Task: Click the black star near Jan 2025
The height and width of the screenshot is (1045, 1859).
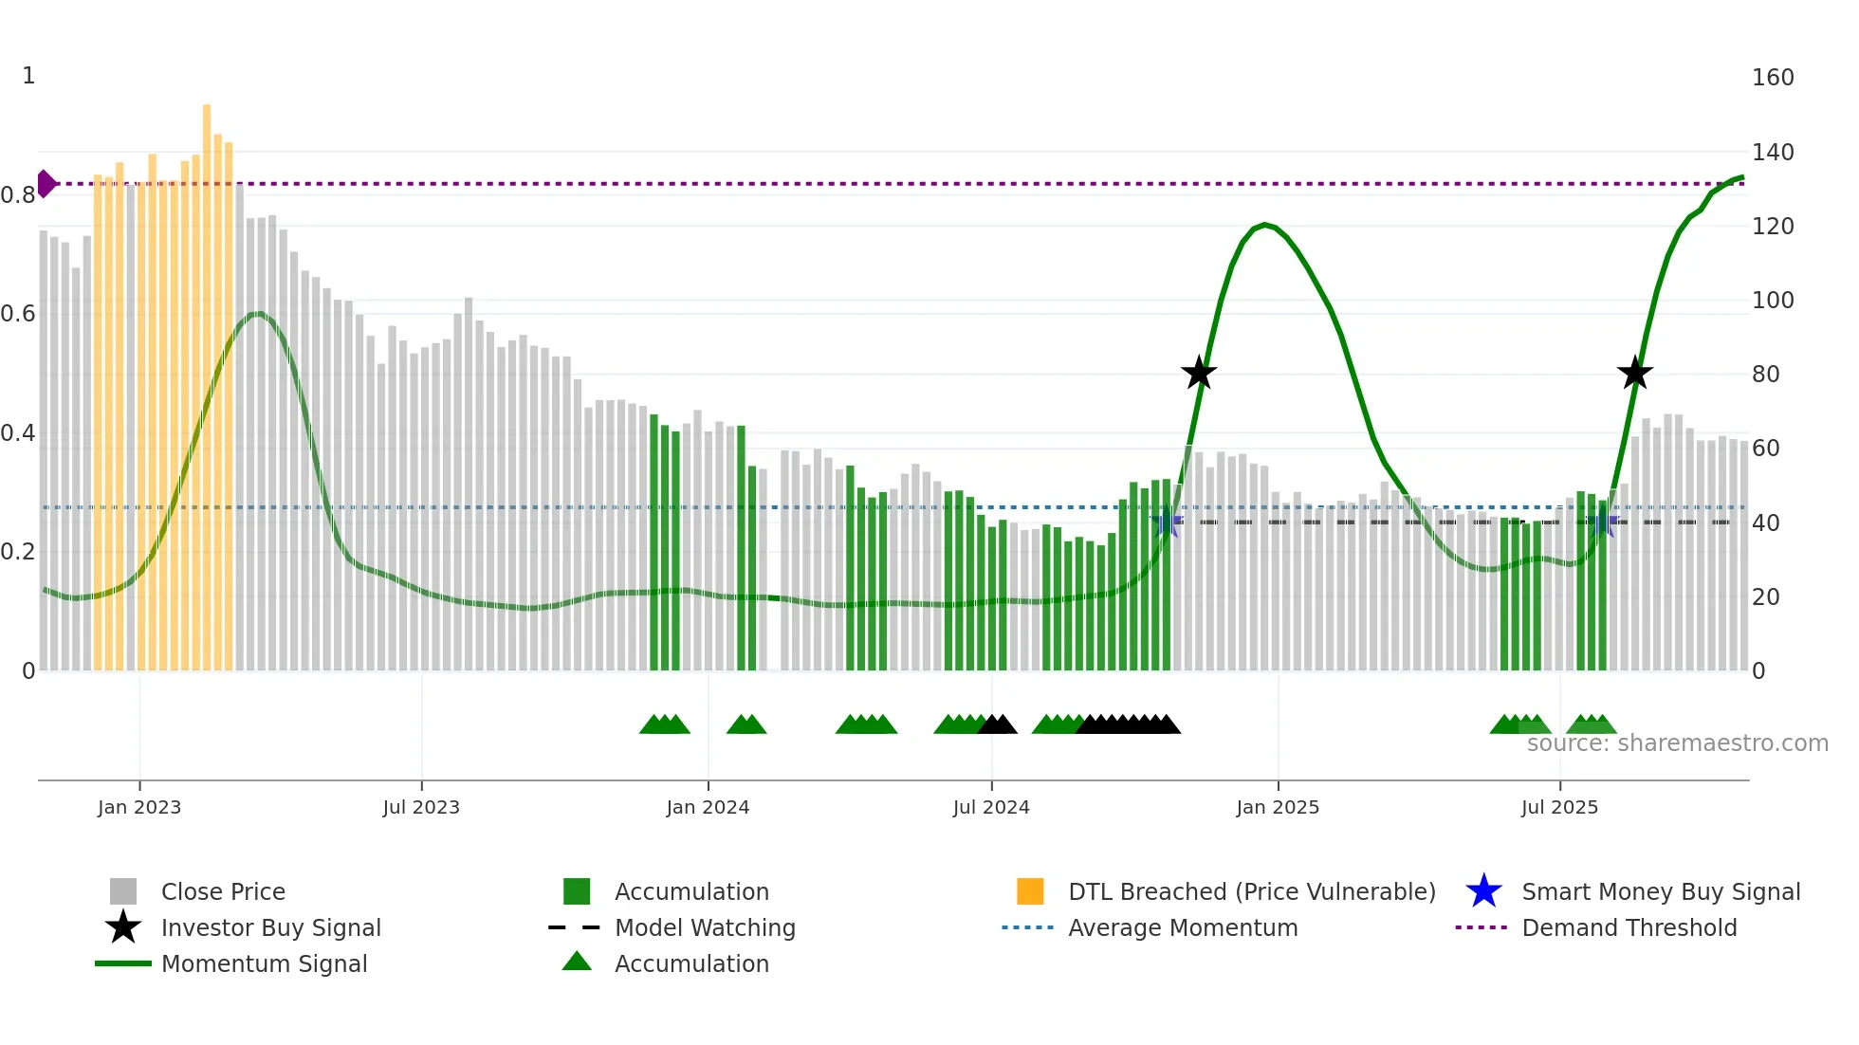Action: (1199, 373)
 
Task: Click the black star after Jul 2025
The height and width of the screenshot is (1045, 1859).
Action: (1634, 373)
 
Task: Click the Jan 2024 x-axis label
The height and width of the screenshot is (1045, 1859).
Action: (708, 807)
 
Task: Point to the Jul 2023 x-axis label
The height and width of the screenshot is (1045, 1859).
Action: (421, 807)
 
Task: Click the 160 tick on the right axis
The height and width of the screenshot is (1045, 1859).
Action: (1772, 78)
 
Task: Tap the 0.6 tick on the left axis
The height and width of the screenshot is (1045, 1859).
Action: (19, 314)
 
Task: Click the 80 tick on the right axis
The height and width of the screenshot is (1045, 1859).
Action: (1765, 375)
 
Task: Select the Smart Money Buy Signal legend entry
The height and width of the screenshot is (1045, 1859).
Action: (1660, 891)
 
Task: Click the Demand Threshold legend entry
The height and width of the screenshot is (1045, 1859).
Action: (1629, 927)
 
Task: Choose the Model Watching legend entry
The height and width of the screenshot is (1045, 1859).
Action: (704, 927)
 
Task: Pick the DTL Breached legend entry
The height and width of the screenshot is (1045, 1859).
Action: (1250, 891)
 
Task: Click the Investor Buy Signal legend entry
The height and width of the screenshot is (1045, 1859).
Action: (270, 927)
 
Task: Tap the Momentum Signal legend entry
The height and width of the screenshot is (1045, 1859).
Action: (264, 963)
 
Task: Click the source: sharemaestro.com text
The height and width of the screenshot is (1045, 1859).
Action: (1677, 743)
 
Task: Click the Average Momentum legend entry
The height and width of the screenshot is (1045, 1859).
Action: (1182, 927)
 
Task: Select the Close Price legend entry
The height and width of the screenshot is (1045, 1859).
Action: (222, 891)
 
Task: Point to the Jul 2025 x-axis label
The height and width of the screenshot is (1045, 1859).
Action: (1559, 807)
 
